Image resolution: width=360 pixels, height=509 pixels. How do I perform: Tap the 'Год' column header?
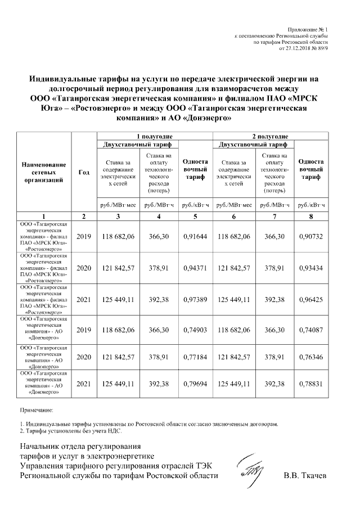point(84,173)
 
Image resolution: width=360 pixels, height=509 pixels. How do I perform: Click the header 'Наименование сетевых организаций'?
point(44,173)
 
